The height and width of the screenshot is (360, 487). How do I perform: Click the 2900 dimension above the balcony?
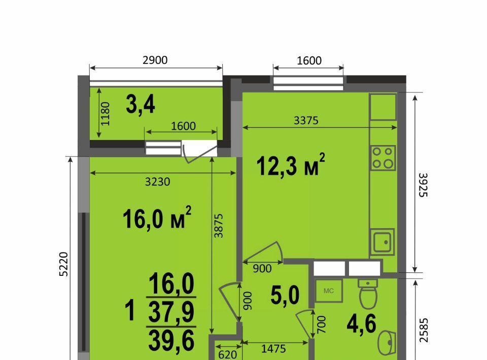[155, 60]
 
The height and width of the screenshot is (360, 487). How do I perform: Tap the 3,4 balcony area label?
[141, 104]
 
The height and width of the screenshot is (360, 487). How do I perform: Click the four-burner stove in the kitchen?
[383, 158]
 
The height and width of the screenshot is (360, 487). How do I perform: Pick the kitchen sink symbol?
[382, 242]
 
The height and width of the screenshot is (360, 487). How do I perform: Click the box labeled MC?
[329, 291]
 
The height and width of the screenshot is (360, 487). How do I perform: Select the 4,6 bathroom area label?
[362, 323]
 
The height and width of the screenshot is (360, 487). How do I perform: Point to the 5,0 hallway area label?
[285, 296]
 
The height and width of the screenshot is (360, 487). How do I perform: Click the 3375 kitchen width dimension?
[306, 120]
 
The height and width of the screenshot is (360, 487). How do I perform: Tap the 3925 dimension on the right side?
[423, 185]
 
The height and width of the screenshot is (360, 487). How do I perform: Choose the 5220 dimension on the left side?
[63, 264]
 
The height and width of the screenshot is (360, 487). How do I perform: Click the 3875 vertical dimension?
[219, 226]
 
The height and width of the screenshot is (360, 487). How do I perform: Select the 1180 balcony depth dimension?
[106, 114]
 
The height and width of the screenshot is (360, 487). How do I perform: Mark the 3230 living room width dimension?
[157, 182]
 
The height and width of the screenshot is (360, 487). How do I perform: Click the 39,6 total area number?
[171, 341]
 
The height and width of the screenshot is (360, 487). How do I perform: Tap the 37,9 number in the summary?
[171, 312]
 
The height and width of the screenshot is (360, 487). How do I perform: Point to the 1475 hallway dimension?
[273, 349]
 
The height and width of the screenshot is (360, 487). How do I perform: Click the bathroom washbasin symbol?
[387, 343]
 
